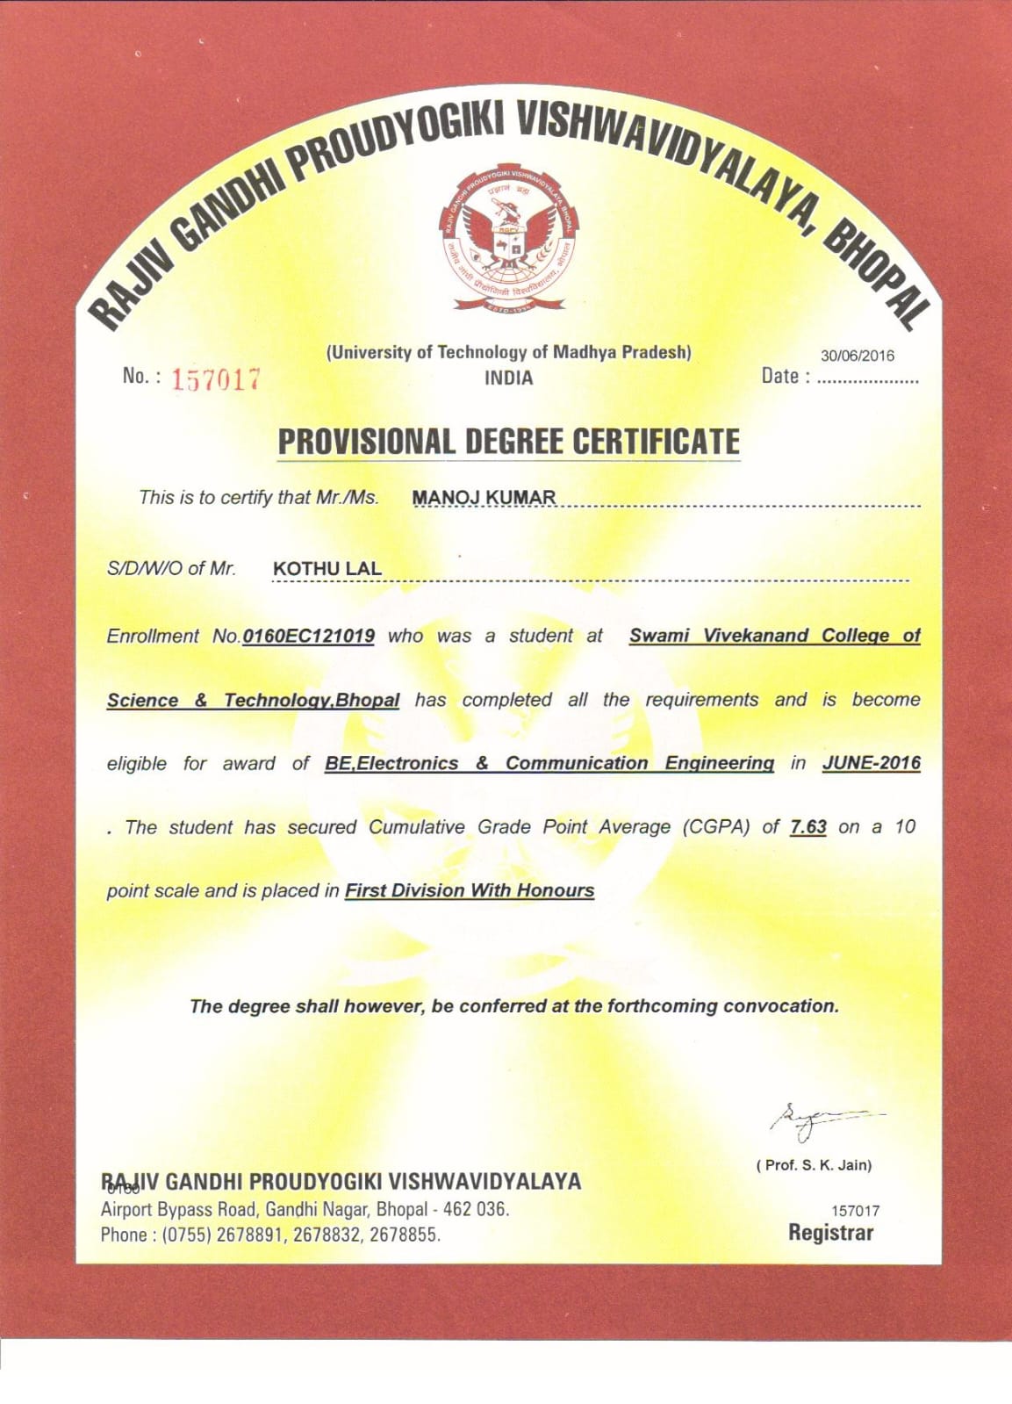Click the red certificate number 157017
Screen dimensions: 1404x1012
pos(215,379)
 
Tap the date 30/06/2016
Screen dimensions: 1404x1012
pos(857,356)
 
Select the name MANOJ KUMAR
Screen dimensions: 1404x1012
pos(484,498)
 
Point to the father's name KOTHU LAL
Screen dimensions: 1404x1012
pos(327,569)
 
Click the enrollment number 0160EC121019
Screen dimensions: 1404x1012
pos(308,636)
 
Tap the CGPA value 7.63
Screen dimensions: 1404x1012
pos(807,827)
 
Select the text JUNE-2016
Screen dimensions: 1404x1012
pos(871,763)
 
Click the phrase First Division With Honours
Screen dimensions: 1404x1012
pos(469,890)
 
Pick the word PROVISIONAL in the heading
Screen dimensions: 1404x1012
pos(365,442)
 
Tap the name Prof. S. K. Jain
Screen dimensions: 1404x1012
pos(814,1165)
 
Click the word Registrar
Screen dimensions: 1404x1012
pos(830,1233)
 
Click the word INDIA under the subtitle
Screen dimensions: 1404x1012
pos(508,378)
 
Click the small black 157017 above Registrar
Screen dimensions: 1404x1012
pos(855,1211)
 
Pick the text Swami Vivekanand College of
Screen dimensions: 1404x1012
pos(773,636)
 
